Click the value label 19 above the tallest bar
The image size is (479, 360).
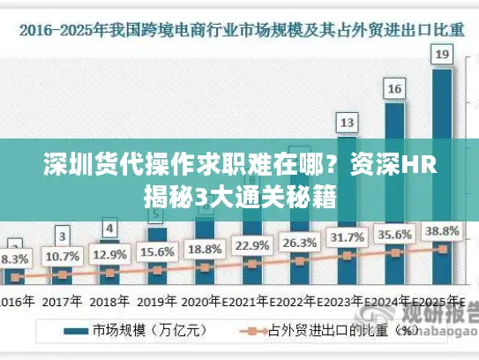point(443,55)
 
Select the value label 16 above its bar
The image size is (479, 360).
point(395,88)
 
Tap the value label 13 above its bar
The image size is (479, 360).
point(348,122)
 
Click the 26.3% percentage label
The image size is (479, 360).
point(299,242)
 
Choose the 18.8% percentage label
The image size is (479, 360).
point(205,249)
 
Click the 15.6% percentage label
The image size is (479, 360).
point(157,252)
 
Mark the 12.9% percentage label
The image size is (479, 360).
point(110,254)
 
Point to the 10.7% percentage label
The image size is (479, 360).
point(62,257)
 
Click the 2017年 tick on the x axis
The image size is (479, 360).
point(62,300)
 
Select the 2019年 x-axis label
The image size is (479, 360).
point(157,300)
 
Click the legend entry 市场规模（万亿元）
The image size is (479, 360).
point(141,332)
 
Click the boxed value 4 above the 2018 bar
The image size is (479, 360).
point(109,229)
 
